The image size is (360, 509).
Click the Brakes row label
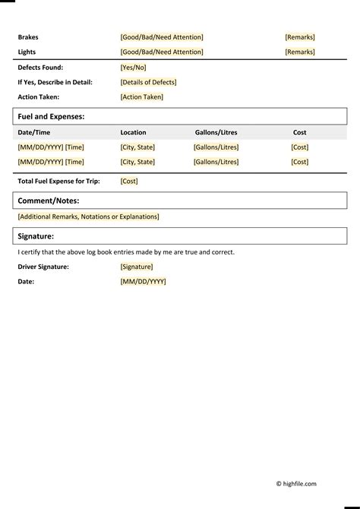tap(28, 37)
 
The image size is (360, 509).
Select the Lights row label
tap(27, 52)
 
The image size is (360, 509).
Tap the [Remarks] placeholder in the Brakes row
tap(300, 37)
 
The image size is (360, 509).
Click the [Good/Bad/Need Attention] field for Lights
tap(162, 52)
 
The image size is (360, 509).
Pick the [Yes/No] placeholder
tap(134, 68)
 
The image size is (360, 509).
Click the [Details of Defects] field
tap(149, 82)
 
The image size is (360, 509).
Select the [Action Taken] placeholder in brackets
tap(142, 97)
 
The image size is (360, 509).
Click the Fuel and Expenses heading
tap(51, 117)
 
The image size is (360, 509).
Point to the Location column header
tap(134, 132)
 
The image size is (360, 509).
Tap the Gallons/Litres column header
tap(216, 132)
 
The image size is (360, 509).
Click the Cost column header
tap(300, 132)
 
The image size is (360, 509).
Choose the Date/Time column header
tap(33, 132)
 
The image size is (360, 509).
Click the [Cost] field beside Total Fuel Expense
tap(129, 182)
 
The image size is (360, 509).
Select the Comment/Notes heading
tap(49, 201)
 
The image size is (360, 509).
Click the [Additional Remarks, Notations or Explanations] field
tap(89, 217)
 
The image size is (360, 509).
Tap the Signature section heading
tap(36, 236)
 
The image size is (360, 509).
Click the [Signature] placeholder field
tap(137, 267)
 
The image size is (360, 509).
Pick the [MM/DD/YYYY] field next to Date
tap(143, 282)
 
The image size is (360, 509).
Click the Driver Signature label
tap(43, 267)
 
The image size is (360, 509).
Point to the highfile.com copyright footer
tap(296, 484)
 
